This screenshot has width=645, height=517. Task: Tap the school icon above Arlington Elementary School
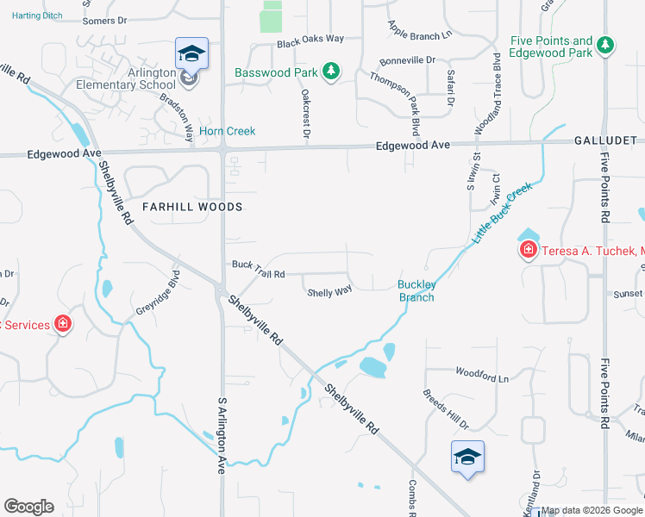[191, 54]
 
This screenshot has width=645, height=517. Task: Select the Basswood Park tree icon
[330, 72]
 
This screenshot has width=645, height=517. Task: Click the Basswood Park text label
[276, 72]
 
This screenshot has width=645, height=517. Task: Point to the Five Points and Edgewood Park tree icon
[605, 44]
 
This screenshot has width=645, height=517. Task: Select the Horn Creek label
[228, 131]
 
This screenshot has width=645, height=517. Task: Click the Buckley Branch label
[416, 291]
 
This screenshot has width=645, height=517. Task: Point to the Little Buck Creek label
[500, 213]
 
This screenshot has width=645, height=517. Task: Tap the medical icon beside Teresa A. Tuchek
[527, 250]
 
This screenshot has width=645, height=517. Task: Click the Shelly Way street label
[329, 292]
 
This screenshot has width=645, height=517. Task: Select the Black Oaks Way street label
[310, 40]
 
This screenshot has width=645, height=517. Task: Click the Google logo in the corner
[28, 507]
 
